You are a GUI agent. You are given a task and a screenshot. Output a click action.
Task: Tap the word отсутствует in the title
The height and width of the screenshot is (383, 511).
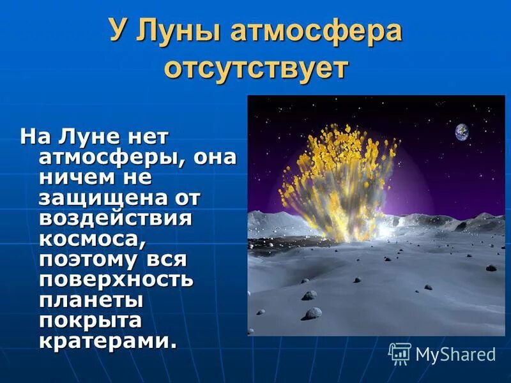tap(256, 66)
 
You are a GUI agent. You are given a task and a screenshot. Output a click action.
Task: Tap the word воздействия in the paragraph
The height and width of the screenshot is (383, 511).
tap(115, 218)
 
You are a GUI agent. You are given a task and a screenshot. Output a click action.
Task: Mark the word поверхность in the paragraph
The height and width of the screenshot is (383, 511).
tap(116, 280)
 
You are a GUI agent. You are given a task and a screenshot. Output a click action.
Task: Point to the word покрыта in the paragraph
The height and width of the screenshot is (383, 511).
tap(90, 320)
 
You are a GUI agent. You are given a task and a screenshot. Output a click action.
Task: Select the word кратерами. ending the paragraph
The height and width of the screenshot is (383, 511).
tap(107, 341)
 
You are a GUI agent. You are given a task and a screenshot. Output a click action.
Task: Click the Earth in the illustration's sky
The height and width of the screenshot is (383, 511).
tap(461, 131)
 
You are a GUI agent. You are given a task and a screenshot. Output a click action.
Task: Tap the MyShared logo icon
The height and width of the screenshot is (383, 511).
tap(400, 353)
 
